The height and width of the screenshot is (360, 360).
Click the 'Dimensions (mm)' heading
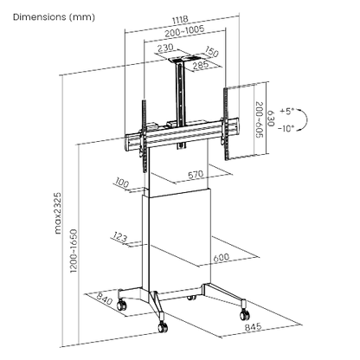coord(54,17)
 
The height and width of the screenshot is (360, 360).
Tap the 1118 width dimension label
coord(180,20)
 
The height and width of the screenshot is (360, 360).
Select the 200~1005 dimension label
coord(184,31)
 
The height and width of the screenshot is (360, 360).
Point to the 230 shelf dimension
coord(165,48)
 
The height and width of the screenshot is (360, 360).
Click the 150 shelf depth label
coord(212,52)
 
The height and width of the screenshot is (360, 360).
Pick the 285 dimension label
coord(201,64)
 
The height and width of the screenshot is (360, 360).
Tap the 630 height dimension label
coord(271,119)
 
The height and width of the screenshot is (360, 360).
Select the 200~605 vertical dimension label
coord(260,119)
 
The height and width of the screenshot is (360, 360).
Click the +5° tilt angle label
coord(286,112)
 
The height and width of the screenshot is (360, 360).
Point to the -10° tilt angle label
coord(286,129)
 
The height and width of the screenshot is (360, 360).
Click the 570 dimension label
coord(196,175)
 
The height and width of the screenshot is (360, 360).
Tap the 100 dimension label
coord(122,183)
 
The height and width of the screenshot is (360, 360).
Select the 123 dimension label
coord(119,237)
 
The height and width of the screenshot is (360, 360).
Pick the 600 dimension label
coord(222,257)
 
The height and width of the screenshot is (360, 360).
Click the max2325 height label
coord(58,213)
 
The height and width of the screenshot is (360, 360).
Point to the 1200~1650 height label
coord(74,251)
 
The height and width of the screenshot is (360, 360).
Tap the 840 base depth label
coord(104,299)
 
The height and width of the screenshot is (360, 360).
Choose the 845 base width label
coord(253,327)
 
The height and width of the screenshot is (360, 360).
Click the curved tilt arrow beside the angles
coord(305,119)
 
